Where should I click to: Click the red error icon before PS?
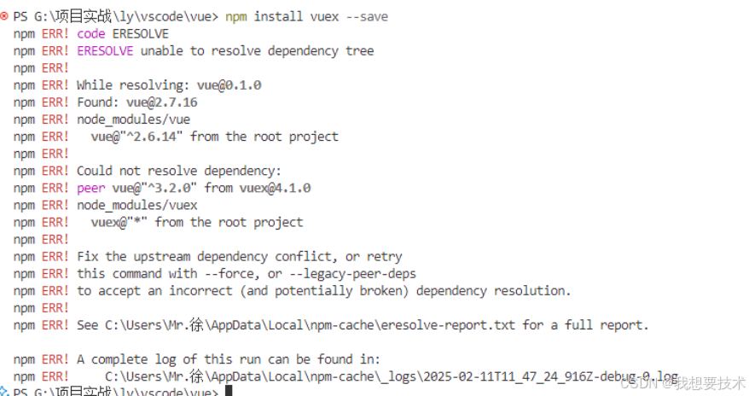[4, 16]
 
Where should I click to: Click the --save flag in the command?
[367, 16]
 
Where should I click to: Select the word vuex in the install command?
[323, 16]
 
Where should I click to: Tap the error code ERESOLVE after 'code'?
[140, 33]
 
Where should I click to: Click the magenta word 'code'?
[90, 33]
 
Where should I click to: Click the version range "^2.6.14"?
[159, 137]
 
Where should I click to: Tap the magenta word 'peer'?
[90, 188]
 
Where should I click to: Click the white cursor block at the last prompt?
[228, 392]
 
